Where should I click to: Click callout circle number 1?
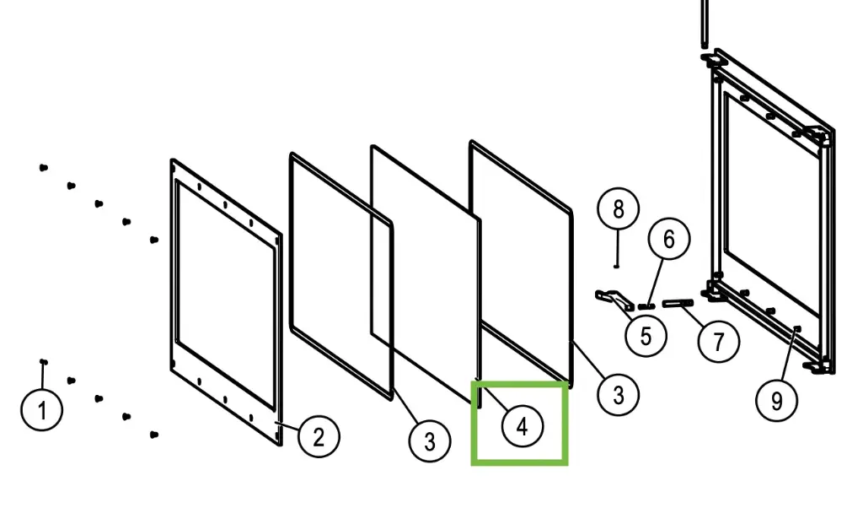click(42, 410)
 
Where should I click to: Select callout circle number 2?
click(319, 437)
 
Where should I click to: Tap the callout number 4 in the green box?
click(523, 426)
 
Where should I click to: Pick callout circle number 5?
click(646, 336)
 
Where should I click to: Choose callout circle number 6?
click(668, 239)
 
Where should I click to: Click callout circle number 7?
click(718, 342)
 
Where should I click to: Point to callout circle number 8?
click(618, 208)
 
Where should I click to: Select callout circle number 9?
click(776, 401)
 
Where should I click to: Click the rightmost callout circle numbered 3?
click(618, 394)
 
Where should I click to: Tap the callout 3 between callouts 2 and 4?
click(430, 440)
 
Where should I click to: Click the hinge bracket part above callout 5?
click(614, 300)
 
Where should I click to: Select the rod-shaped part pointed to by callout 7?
click(678, 303)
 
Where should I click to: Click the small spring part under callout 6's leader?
click(646, 305)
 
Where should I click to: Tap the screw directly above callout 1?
click(44, 362)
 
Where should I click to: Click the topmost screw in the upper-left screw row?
click(44, 167)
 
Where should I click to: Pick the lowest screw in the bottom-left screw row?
click(154, 435)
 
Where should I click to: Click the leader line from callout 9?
click(788, 355)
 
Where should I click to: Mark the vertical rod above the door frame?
click(704, 24)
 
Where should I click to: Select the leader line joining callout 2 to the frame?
click(288, 426)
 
